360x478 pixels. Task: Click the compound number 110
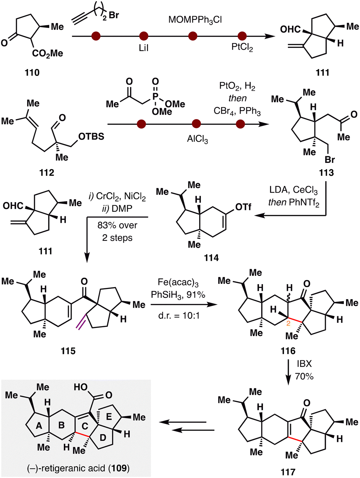[x=32, y=72]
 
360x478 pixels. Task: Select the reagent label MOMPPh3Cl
[x=195, y=19]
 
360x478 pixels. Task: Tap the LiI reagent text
[x=144, y=48]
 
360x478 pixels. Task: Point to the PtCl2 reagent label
[x=242, y=48]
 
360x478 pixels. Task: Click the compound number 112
[x=47, y=172]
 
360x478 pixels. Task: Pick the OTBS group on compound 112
[x=91, y=136]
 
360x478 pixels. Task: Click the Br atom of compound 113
[x=330, y=160]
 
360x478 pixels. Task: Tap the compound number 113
[x=326, y=172]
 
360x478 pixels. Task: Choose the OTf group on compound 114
[x=243, y=207]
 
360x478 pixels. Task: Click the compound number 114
[x=211, y=258]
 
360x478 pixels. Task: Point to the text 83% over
[x=117, y=225]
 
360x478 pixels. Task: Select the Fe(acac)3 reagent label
[x=178, y=282]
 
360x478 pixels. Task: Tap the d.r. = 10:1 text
[x=178, y=315]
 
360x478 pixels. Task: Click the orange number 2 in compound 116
[x=288, y=324]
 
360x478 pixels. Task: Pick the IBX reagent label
[x=304, y=364]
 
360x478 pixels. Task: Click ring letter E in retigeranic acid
[x=109, y=417]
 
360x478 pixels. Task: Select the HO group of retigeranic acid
[x=80, y=387]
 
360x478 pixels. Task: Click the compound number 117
[x=288, y=471]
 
